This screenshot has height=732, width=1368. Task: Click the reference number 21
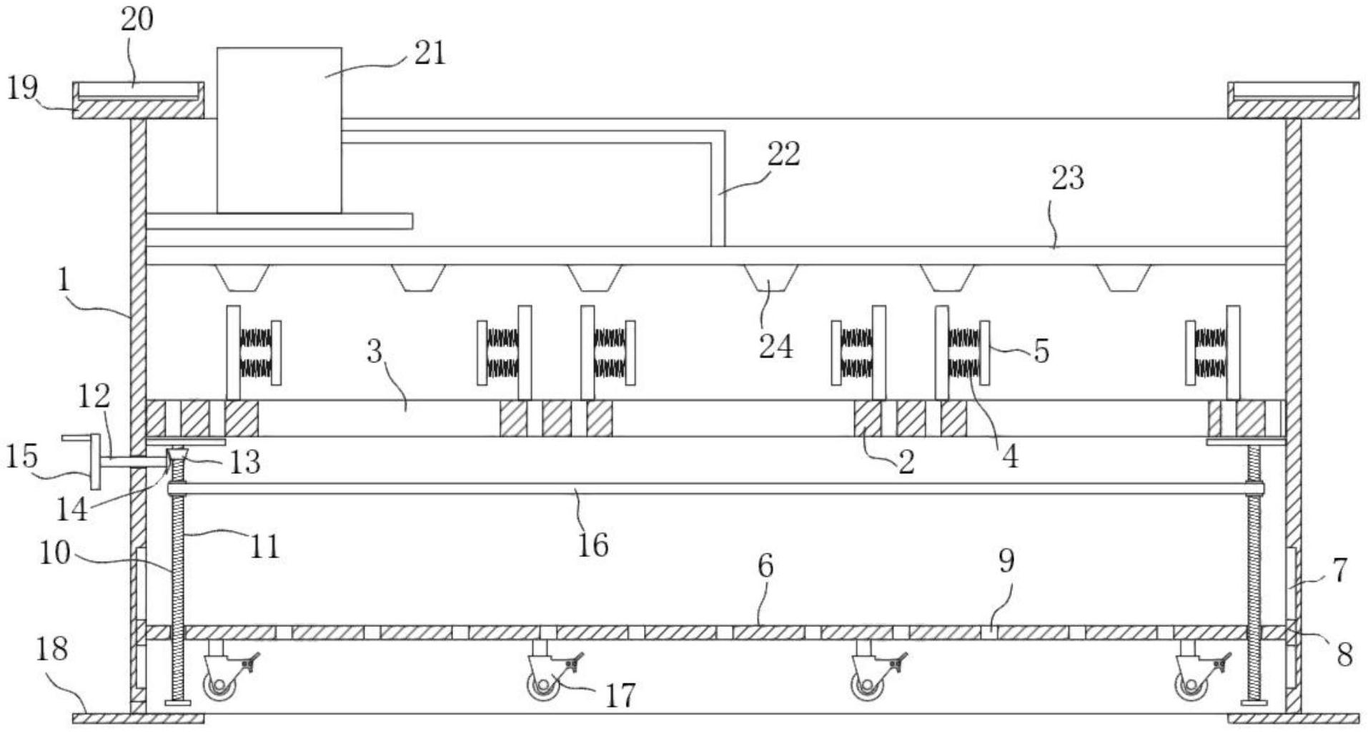point(430,53)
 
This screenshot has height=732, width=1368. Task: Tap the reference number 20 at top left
point(137,19)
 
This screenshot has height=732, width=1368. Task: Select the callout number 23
point(1067,177)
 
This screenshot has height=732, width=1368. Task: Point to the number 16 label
point(593,545)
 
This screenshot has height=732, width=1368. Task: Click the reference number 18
point(51,648)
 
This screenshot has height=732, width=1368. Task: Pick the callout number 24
point(775,346)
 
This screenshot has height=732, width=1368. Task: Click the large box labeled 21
point(279,130)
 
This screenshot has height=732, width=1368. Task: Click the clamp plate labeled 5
point(985,352)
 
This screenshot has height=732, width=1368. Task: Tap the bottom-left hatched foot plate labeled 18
point(138,718)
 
